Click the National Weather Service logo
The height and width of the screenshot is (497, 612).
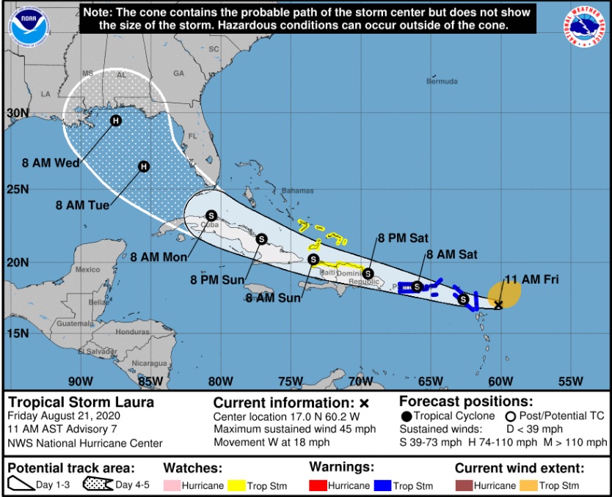[586, 27]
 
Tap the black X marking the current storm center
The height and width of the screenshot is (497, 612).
[498, 305]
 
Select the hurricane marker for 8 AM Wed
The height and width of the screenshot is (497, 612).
[115, 121]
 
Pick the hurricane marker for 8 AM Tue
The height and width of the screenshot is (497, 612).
[144, 166]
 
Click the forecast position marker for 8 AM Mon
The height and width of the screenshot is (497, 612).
[211, 216]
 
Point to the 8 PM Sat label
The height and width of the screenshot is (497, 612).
[403, 238]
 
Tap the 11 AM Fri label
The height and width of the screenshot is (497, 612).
[526, 279]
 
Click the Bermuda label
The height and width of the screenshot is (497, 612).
[442, 81]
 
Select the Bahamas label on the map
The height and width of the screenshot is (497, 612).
[297, 191]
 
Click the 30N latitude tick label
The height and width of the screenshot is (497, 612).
[18, 114]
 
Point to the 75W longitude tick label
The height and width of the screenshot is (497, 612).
[291, 381]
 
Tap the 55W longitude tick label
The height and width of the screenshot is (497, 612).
[570, 381]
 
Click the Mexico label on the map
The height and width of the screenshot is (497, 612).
[87, 269]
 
